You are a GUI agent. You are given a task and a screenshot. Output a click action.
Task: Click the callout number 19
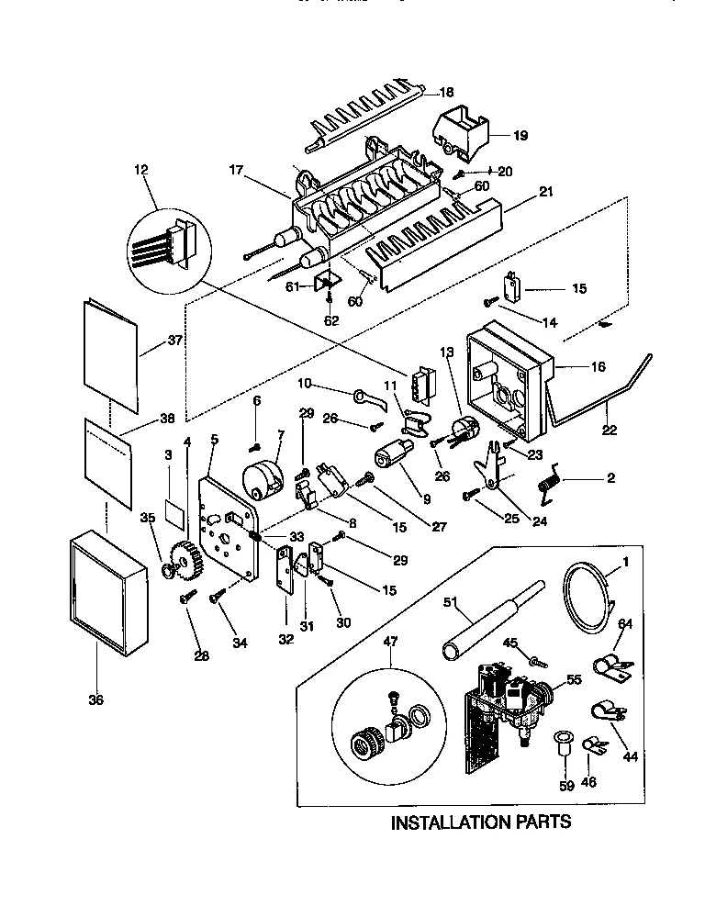point(520,135)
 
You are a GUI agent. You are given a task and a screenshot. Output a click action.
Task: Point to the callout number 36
point(95,700)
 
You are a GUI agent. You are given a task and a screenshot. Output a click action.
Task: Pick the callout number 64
point(625,625)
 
